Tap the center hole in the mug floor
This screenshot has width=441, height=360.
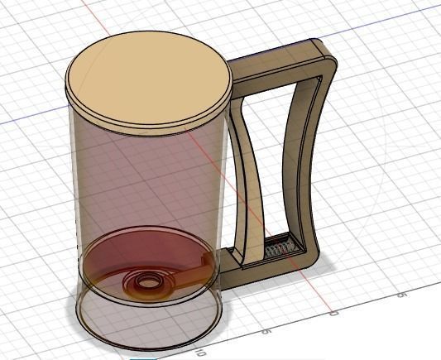pos(149,281)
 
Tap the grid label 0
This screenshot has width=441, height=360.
pos(334,314)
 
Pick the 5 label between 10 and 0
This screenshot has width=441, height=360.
pos(267,329)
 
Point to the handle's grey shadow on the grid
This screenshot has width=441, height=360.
pos(327,263)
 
